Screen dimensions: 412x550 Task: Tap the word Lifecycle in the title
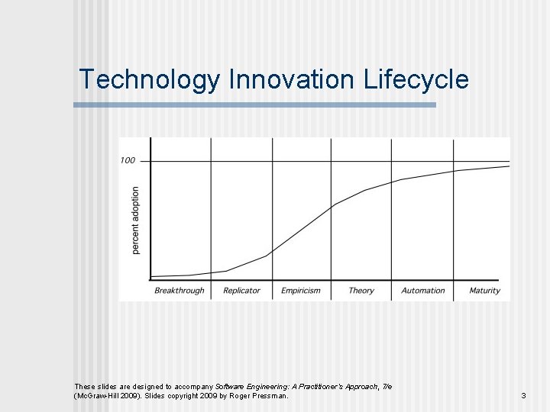click(416, 79)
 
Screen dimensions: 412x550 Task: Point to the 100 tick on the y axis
click(128, 160)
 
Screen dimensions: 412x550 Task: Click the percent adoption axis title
click(136, 220)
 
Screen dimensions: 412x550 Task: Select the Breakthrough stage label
click(180, 291)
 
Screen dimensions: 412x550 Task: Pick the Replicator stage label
click(241, 291)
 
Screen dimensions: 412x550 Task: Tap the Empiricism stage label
click(301, 291)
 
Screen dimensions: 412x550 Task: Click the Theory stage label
click(361, 291)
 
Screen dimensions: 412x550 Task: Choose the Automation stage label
click(422, 291)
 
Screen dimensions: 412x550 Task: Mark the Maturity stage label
click(484, 291)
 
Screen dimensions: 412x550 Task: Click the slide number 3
click(523, 396)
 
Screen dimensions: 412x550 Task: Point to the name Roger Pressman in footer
click(262, 396)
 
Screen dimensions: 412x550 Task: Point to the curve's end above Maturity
click(507, 166)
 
